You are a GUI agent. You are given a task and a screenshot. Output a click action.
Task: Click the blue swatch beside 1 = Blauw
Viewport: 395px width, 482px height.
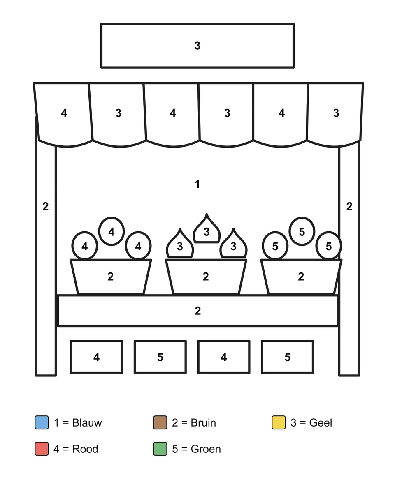pos(42,422)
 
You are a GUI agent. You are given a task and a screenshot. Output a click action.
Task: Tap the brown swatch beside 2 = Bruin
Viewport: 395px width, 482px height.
pos(160,422)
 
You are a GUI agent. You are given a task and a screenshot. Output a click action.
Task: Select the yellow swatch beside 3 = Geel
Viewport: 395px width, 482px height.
pos(279,422)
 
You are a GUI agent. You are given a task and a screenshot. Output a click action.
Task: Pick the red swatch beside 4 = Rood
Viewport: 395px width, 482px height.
pos(42,449)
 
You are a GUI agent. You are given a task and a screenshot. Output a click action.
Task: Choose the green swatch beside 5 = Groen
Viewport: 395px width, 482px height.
pos(160,449)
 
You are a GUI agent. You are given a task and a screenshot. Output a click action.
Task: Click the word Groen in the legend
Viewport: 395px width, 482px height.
pos(206,449)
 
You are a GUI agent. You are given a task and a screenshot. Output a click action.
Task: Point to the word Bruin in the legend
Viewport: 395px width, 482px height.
pos(203,423)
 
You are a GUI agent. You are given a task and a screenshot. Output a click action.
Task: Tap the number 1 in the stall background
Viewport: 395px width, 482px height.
pos(197,184)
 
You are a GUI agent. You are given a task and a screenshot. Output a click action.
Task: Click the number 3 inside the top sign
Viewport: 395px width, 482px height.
pos(197,46)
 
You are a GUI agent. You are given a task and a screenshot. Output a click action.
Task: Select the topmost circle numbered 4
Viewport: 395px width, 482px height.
pos(112,231)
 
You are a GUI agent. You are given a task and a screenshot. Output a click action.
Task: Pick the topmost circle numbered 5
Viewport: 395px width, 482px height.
pos(302,231)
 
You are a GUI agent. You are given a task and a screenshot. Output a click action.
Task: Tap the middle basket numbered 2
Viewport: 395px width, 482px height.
pos(206,277)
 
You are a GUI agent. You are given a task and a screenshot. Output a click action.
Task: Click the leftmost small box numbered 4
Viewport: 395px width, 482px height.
pos(97,357)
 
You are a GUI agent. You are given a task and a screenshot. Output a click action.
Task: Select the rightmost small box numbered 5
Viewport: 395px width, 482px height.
pos(288,357)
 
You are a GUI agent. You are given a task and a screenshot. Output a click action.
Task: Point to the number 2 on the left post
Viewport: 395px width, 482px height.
pos(46,207)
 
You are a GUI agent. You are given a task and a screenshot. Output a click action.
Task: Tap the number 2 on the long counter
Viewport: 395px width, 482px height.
pos(197,311)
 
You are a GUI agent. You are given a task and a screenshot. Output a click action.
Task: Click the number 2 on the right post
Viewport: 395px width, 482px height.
pos(349,207)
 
